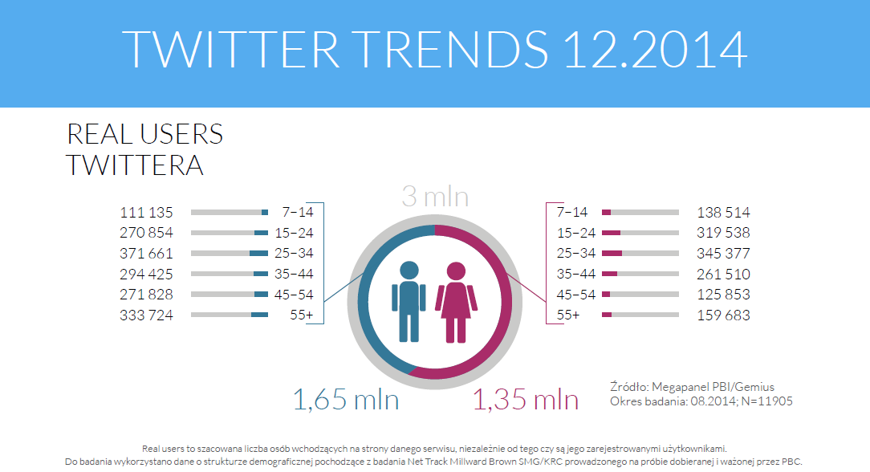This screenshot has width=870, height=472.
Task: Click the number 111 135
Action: click(x=146, y=213)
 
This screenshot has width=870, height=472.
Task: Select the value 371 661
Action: click(x=146, y=254)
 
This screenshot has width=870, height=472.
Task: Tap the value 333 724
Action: click(x=146, y=315)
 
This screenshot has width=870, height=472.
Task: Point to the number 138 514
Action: click(x=724, y=213)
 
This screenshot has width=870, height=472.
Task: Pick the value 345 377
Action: click(x=724, y=254)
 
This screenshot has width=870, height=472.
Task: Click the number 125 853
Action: click(x=724, y=295)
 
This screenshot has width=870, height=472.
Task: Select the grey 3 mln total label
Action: click(x=434, y=197)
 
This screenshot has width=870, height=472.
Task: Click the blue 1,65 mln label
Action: click(x=345, y=400)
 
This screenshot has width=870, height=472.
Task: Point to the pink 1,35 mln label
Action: click(x=526, y=400)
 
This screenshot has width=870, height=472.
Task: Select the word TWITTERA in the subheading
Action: click(x=134, y=165)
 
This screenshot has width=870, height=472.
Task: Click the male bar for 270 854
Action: click(x=230, y=233)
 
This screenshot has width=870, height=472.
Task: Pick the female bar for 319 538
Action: click(x=639, y=233)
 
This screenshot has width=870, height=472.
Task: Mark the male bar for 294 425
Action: click(x=230, y=274)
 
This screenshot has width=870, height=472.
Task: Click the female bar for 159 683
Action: click(x=639, y=315)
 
